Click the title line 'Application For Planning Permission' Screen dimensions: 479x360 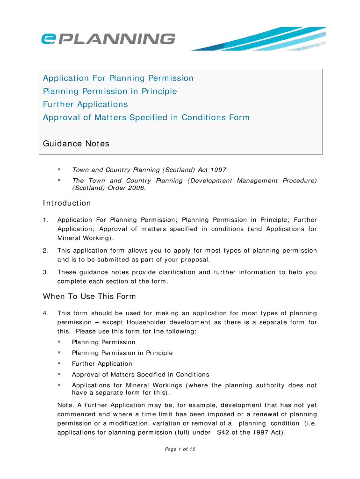[x=118, y=78]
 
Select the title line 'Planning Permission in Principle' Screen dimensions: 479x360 [x=110, y=91]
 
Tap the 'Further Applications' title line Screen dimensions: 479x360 [x=85, y=104]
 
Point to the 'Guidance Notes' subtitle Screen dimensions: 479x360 [x=76, y=144]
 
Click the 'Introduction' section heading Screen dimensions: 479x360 [x=67, y=203]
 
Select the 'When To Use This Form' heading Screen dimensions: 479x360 [x=89, y=296]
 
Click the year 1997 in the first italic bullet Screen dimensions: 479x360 [x=218, y=170]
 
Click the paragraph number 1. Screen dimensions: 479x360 [x=45, y=220]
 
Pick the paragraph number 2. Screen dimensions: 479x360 [x=45, y=251]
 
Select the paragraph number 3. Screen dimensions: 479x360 [x=45, y=272]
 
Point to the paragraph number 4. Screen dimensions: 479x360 [x=45, y=313]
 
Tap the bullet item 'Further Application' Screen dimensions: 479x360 [x=102, y=363]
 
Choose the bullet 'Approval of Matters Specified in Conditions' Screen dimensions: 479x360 [x=140, y=374]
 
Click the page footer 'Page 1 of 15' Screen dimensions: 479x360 [x=180, y=449]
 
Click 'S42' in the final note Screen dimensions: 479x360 [x=223, y=432]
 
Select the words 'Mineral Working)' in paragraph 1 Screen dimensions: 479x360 [x=85, y=238]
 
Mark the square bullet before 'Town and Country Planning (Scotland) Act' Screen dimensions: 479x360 [x=59, y=169]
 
